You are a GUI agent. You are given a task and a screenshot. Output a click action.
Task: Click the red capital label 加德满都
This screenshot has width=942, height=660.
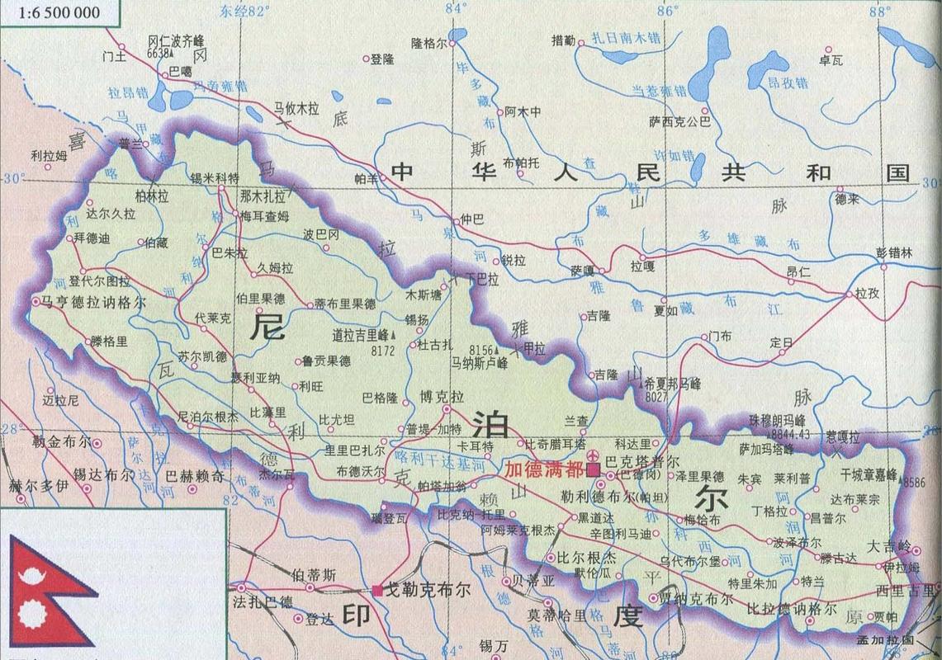[544, 469]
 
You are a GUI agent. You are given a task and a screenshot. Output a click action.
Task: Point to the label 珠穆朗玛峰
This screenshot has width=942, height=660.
[777, 420]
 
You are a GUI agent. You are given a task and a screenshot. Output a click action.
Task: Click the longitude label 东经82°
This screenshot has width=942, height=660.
[245, 11]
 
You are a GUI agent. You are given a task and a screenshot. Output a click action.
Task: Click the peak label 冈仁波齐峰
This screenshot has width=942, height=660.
[176, 40]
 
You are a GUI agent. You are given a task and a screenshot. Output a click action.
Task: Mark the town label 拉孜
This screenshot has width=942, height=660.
[867, 293]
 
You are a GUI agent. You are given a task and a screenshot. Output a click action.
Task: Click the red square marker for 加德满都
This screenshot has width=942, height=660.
[593, 469]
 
